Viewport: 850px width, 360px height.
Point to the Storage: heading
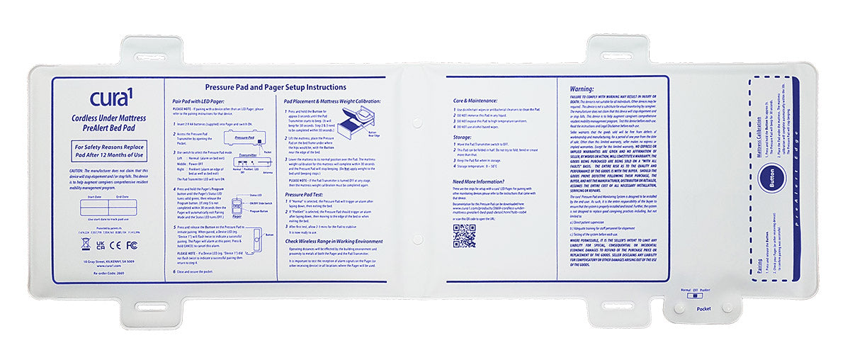pyautogui.click(x=463, y=137)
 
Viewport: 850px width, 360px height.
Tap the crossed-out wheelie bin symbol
pyautogui.click(x=86, y=244)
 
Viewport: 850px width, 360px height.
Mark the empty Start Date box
pyautogui.click(x=93, y=208)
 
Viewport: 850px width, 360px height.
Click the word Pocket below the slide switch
pyautogui.click(x=703, y=308)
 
